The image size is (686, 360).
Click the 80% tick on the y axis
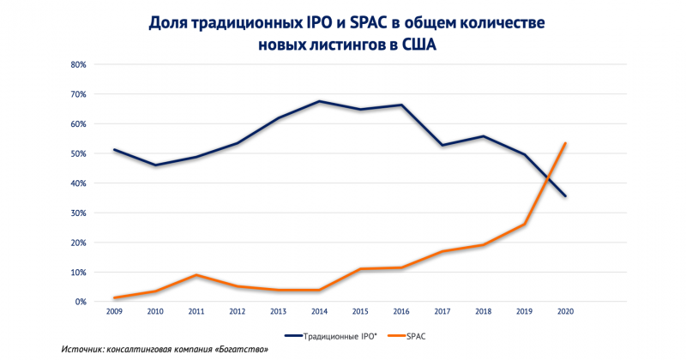pyautogui.click(x=77, y=64)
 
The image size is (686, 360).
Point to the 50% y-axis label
pyautogui.click(x=77, y=153)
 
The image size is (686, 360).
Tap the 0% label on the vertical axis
pyautogui.click(x=80, y=302)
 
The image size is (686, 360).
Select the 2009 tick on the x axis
pyautogui.click(x=113, y=312)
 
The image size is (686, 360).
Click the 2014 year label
pyautogui.click(x=319, y=312)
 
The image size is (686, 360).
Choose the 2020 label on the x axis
pyautogui.click(x=566, y=312)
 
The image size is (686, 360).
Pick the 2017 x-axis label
pyautogui.click(x=442, y=312)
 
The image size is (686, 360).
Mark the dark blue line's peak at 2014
pyautogui.click(x=319, y=101)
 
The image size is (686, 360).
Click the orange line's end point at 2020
pyautogui.click(x=566, y=143)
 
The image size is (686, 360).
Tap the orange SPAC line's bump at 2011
pyautogui.click(x=196, y=275)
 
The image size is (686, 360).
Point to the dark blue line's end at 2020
pyautogui.click(x=566, y=196)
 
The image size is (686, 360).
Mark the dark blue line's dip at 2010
pyautogui.click(x=154, y=165)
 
